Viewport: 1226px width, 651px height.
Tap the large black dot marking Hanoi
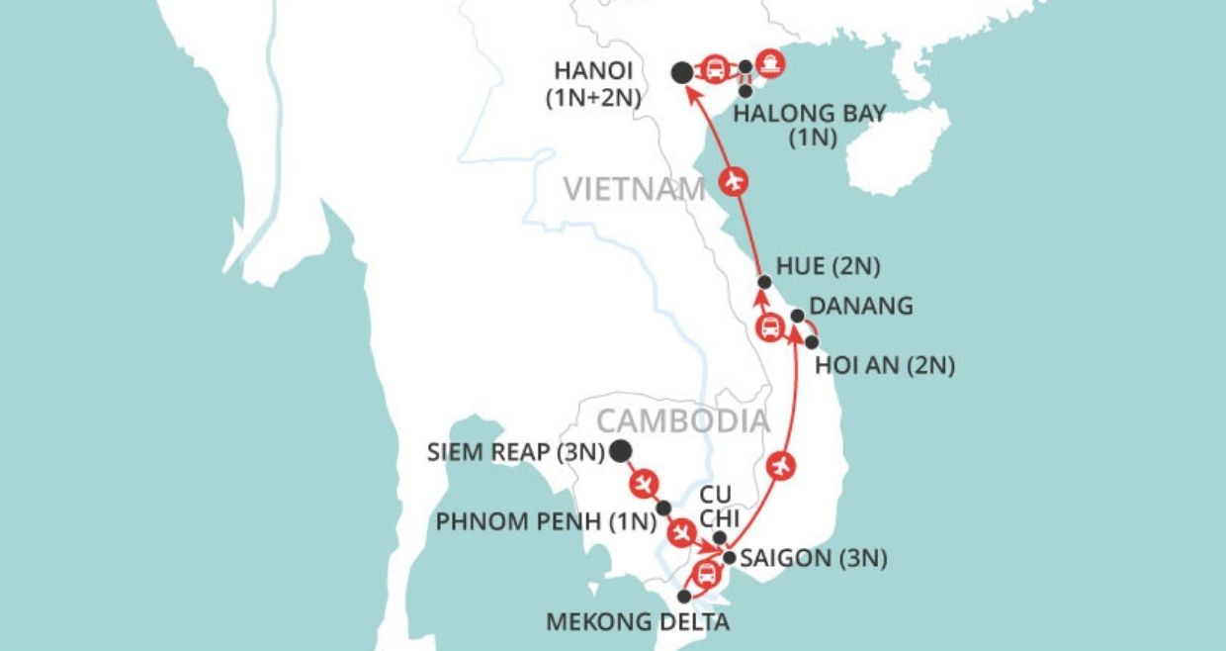[x=681, y=72]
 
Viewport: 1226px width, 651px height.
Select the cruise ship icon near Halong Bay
[x=771, y=62]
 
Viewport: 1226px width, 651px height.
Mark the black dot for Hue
[x=763, y=281]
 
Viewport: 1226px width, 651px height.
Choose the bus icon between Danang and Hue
[x=770, y=327]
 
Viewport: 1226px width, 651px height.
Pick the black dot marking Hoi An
[x=812, y=342]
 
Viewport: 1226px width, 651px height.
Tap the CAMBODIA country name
[x=682, y=420]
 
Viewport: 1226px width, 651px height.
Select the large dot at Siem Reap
[x=620, y=452]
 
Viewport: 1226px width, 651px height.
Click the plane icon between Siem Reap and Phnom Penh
[x=644, y=483]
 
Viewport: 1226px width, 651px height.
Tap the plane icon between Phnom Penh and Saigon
[x=681, y=533]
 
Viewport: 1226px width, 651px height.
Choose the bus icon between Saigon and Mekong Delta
[x=705, y=574]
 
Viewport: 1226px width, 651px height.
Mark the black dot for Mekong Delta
[x=684, y=597]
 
